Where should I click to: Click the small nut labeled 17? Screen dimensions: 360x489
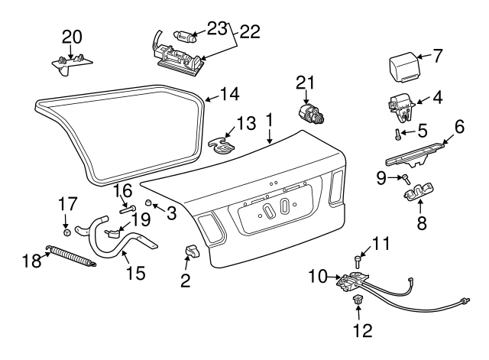click(x=67, y=231)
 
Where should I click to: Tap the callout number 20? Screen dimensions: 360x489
click(x=71, y=37)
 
